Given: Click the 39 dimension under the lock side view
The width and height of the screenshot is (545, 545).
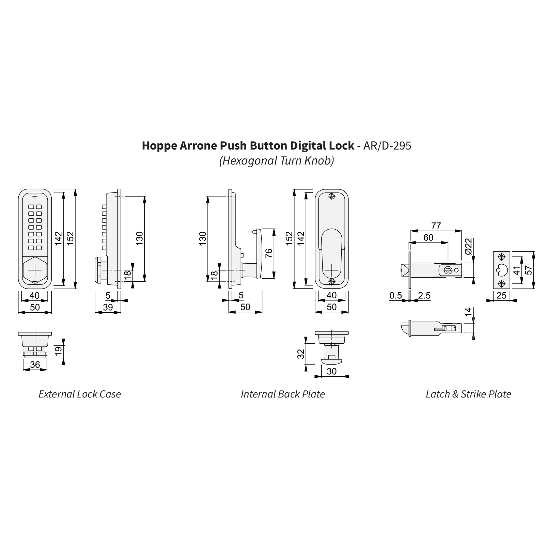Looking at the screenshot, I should click(x=108, y=307).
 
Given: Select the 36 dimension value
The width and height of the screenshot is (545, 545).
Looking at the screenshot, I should click(x=35, y=365).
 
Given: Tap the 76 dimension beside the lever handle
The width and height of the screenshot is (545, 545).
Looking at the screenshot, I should click(x=269, y=253).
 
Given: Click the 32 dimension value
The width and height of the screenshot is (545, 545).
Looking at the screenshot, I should click(x=301, y=354).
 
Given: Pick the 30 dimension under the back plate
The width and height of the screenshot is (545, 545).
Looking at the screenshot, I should click(x=331, y=371).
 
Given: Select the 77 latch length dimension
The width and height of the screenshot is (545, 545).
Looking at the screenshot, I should click(x=436, y=225).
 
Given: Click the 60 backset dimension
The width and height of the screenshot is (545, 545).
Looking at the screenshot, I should click(x=428, y=237).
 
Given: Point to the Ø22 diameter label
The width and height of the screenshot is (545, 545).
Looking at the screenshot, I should click(x=468, y=246).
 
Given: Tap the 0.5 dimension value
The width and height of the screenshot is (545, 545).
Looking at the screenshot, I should click(x=395, y=295).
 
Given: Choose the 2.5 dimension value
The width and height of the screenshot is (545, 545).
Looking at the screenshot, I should click(x=424, y=295).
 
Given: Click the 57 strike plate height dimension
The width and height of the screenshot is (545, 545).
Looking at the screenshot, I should click(x=528, y=270).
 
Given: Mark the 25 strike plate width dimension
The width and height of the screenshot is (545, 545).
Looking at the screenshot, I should click(x=501, y=295).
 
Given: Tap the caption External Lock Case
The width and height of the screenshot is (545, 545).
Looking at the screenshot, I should click(x=80, y=394).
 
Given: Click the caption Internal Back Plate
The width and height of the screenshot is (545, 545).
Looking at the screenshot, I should click(x=283, y=394).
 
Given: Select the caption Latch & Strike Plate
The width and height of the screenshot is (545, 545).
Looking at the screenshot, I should click(x=468, y=394).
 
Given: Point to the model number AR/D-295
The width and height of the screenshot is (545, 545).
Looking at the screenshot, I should click(x=387, y=146).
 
